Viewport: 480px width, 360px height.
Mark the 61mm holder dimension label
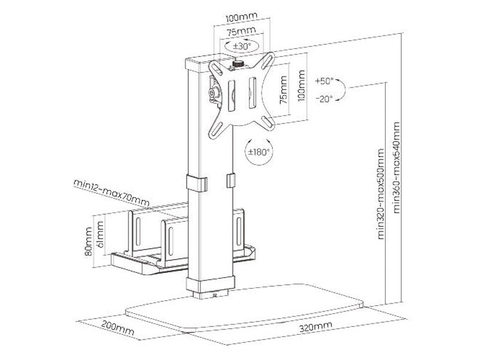pos(100,235)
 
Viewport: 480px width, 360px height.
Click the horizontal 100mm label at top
pos(236,17)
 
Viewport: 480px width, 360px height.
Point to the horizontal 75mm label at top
pos(236,31)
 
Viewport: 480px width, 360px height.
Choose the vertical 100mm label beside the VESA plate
pos(300,89)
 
